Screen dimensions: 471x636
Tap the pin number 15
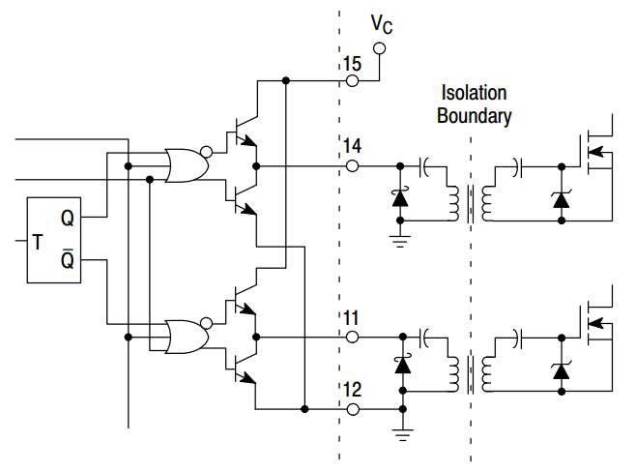[x=351, y=65]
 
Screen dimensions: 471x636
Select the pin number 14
[x=351, y=147]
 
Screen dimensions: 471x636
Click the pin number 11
[x=351, y=317]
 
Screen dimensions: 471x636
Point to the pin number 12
[x=351, y=390]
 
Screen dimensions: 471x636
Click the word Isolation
[x=473, y=94]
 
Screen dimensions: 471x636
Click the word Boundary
[x=474, y=116]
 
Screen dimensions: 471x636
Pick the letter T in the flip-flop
[x=38, y=242]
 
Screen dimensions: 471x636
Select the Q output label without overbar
[x=67, y=219]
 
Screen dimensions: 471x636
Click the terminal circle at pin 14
[x=352, y=165]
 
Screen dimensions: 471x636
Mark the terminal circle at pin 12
[x=352, y=409]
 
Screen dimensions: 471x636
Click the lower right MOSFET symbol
[x=600, y=323]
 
